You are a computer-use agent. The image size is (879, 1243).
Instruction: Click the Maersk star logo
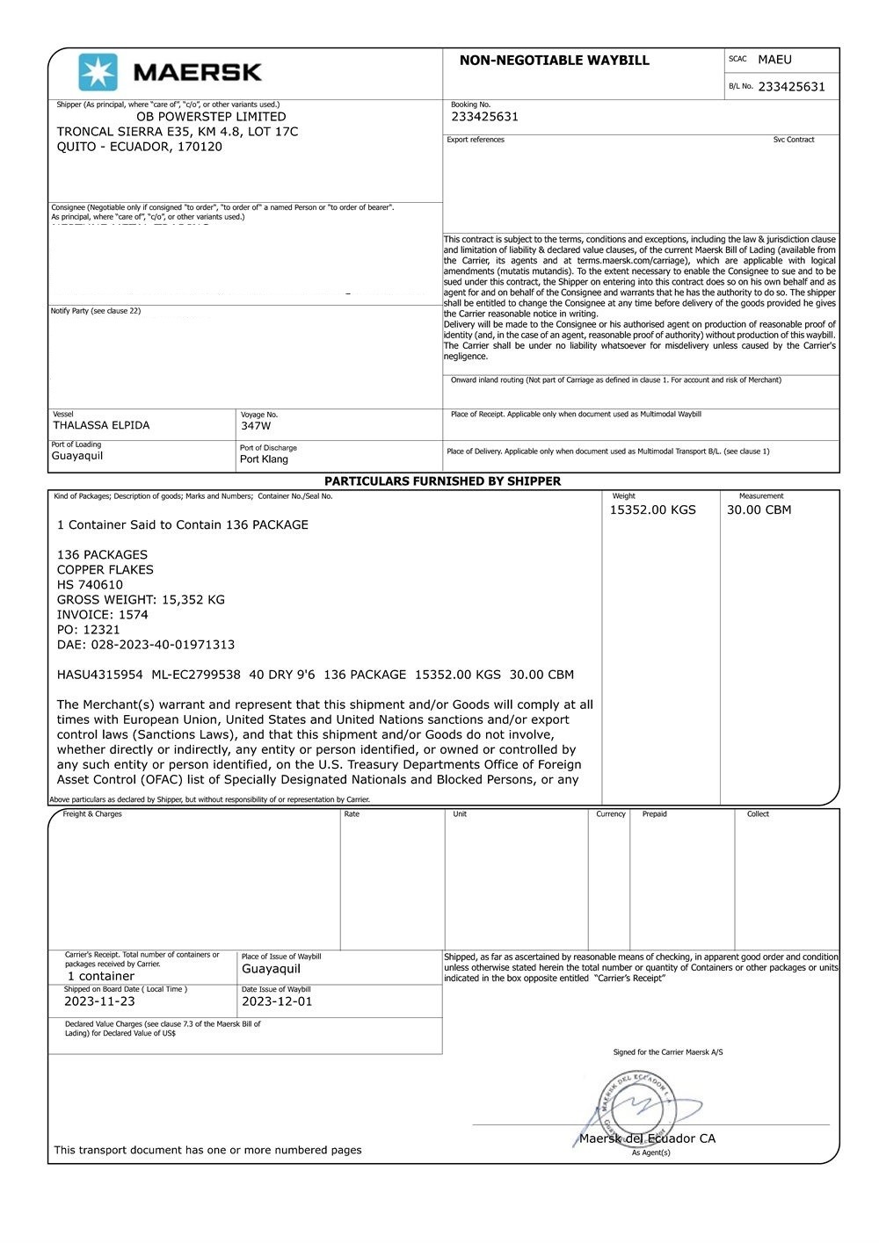click(x=98, y=72)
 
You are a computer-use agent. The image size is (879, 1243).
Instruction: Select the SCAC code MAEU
click(x=774, y=60)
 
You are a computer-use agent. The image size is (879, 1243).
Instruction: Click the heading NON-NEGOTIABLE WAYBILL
click(x=554, y=61)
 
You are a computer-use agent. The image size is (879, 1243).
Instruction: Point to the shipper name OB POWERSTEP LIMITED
click(x=211, y=117)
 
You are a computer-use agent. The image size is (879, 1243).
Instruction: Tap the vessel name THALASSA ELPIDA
click(x=101, y=425)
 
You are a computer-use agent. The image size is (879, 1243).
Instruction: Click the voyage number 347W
click(x=256, y=426)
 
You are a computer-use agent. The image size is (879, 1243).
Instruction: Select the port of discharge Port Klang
click(x=264, y=459)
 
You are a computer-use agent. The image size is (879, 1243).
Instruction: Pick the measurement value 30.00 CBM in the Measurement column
click(x=759, y=510)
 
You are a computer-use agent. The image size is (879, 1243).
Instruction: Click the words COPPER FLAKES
click(x=105, y=570)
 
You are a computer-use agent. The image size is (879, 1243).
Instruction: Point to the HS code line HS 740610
click(x=90, y=585)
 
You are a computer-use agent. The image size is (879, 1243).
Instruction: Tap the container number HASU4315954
click(x=99, y=676)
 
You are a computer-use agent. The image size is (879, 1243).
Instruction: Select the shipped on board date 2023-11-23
click(x=99, y=1001)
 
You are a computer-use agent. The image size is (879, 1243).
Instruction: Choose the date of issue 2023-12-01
click(x=277, y=1001)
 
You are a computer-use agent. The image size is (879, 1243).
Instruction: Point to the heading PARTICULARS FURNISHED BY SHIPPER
click(x=442, y=481)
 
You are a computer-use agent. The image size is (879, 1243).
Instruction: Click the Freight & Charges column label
click(x=92, y=814)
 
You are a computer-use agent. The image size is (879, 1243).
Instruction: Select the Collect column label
click(x=758, y=814)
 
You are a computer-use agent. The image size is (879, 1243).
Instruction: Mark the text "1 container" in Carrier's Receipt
click(x=101, y=977)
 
